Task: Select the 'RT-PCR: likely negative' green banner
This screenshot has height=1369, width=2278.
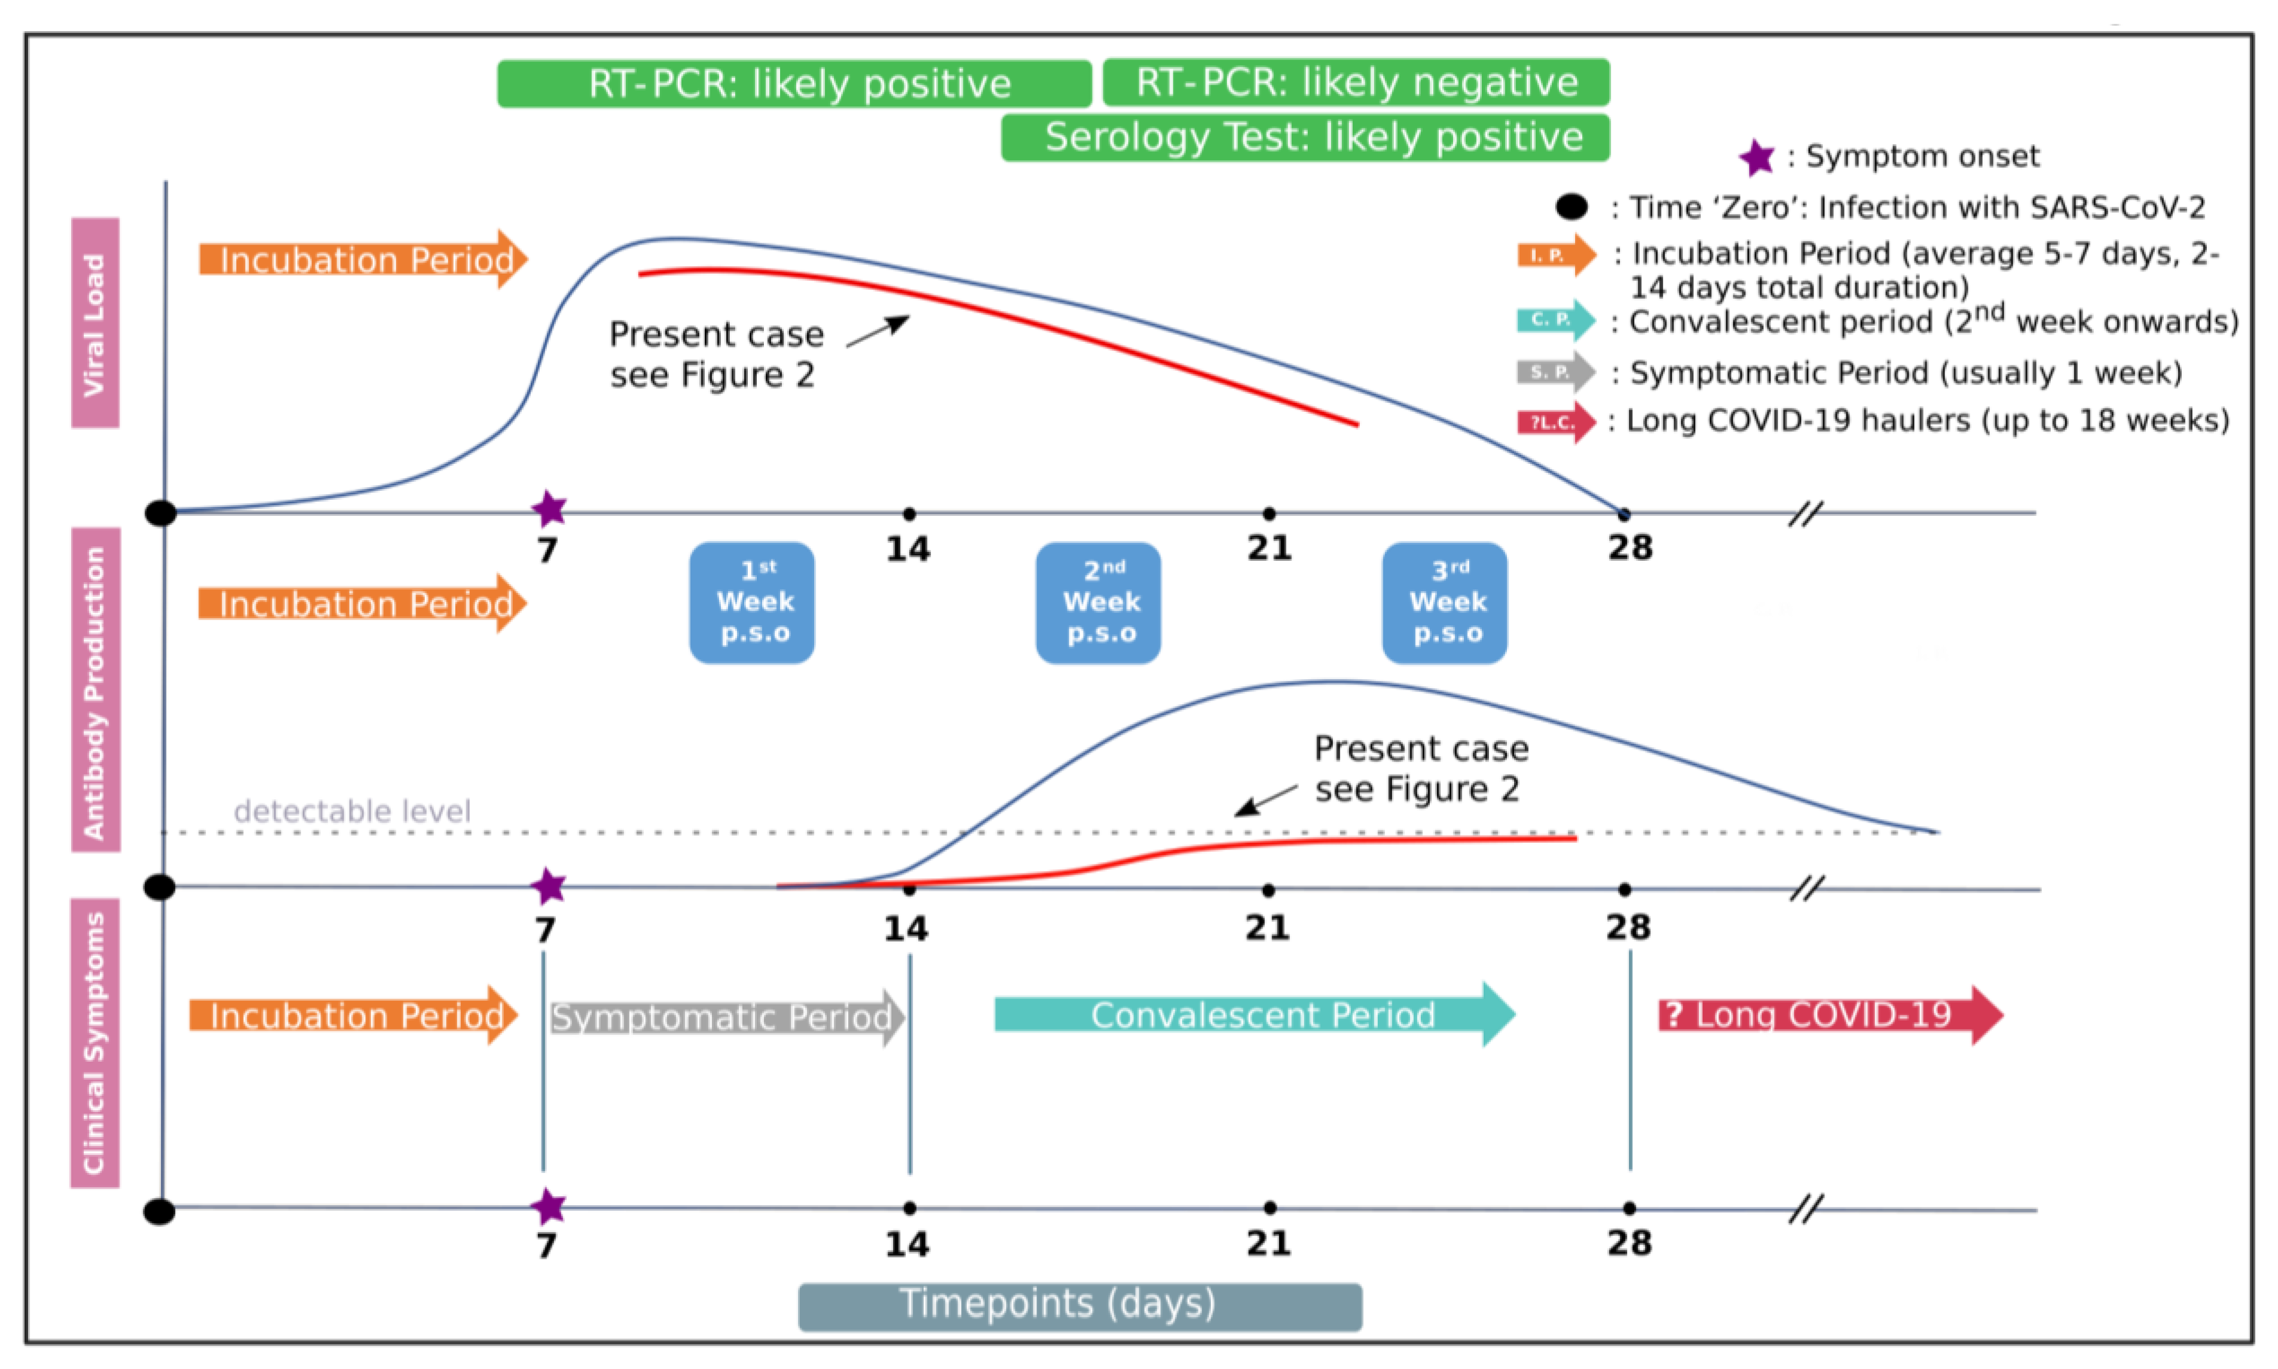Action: [x=1356, y=82]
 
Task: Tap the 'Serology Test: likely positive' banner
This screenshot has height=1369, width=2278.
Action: [x=1305, y=137]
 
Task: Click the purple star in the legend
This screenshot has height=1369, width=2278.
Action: [x=1756, y=158]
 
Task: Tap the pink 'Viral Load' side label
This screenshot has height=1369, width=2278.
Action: [x=95, y=323]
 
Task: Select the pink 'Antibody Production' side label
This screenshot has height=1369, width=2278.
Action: [x=95, y=690]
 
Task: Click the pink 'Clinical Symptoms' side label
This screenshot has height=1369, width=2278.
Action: [x=95, y=1043]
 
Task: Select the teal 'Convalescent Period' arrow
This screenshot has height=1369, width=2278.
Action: [x=1253, y=1014]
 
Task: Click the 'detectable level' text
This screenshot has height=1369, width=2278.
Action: [x=351, y=812]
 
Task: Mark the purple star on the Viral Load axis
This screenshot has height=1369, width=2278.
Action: [x=550, y=508]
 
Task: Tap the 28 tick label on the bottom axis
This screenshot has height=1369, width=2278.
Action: [x=1629, y=1243]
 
